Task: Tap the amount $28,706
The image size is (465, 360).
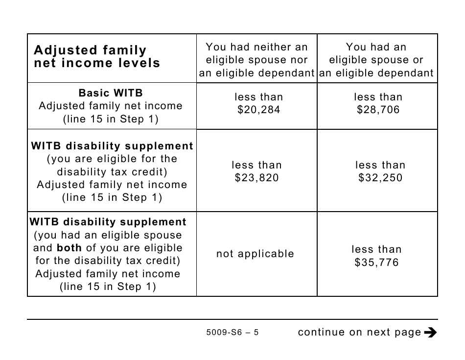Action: [x=378, y=110]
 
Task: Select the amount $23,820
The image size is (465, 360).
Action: [x=257, y=178]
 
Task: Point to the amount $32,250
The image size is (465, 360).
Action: [x=380, y=178]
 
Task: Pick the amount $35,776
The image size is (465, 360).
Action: [x=376, y=263]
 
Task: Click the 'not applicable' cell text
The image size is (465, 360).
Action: [x=256, y=254]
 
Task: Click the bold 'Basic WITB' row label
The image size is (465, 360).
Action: [x=111, y=93]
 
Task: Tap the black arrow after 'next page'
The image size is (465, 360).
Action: [x=430, y=333]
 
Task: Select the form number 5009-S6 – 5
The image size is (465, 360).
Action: [x=232, y=333]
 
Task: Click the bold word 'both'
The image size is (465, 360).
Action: [x=69, y=248]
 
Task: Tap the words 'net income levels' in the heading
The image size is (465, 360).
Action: [x=97, y=63]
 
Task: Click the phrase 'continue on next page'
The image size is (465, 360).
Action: [x=359, y=333]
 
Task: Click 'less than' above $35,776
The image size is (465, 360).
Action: [x=376, y=249]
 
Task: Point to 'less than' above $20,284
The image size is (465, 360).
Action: [x=258, y=97]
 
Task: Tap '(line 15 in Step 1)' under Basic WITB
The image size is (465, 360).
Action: [x=111, y=119]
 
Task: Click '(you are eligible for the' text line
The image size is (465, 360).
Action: [x=112, y=159]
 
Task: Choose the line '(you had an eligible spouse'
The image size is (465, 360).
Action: [x=107, y=235]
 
